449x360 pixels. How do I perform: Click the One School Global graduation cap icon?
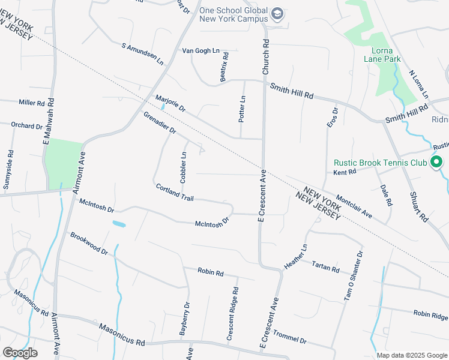(277, 13)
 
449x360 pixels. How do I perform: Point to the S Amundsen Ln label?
(142, 54)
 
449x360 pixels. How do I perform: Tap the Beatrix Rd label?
(224, 67)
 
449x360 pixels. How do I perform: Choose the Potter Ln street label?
(243, 109)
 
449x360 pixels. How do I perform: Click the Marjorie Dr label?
(170, 104)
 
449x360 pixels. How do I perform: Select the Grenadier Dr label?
(159, 122)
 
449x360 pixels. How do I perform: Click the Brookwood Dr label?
(88, 244)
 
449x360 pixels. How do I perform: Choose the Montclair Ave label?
(354, 207)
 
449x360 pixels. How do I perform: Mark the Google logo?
(20, 353)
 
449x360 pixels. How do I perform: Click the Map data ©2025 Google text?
(411, 355)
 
